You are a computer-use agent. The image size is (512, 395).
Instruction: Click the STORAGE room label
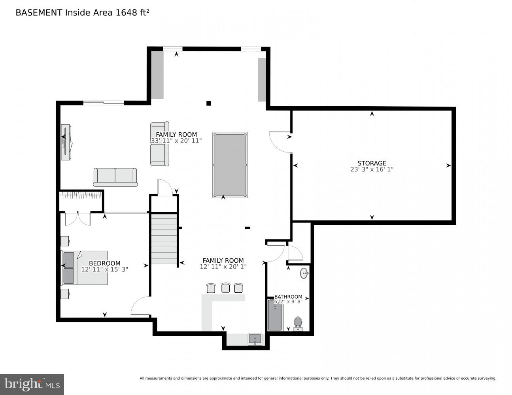[372, 163]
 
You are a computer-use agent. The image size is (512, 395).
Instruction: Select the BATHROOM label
[288, 297]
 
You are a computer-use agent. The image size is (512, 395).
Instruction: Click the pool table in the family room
[230, 165]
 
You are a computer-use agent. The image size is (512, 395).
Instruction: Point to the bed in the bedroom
[84, 267]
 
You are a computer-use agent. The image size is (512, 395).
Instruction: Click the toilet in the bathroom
[298, 323]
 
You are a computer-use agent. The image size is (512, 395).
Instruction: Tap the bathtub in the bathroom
[275, 315]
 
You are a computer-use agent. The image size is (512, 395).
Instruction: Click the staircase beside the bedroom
[164, 239]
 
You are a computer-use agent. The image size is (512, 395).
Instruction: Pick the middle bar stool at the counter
[225, 288]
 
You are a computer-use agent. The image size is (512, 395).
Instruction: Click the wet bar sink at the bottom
[255, 339]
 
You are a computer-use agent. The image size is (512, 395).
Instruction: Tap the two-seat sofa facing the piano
[115, 177]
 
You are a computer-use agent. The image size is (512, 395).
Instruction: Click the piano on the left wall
[66, 142]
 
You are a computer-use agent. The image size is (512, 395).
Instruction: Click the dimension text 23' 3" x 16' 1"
[372, 169]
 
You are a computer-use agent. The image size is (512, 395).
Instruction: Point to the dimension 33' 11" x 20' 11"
[176, 141]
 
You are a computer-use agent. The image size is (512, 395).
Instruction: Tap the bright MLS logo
[32, 384]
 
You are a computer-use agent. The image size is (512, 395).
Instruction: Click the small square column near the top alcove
[209, 103]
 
